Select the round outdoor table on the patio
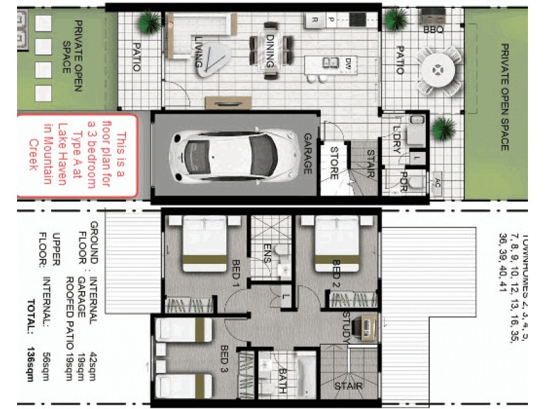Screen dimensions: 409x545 (436, 70)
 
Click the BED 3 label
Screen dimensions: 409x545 (225, 359)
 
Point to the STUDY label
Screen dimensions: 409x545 (347, 325)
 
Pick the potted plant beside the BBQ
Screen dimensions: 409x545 (396, 20)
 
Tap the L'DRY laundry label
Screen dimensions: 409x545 (397, 140)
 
